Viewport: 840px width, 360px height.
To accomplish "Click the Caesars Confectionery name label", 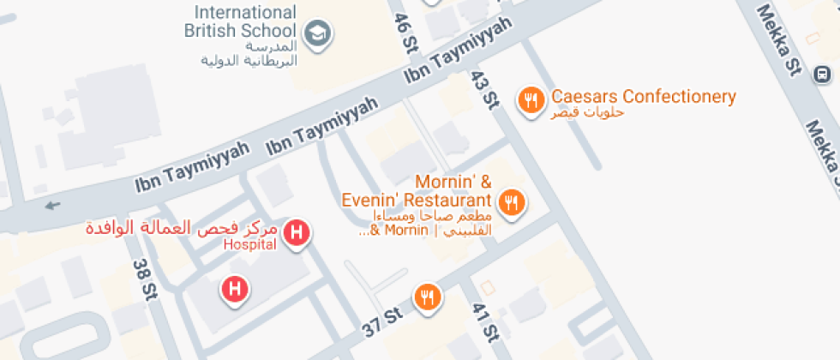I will (644, 96).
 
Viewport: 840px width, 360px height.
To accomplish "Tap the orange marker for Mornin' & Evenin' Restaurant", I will (513, 203).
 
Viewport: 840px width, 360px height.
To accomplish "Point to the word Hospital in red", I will (249, 245).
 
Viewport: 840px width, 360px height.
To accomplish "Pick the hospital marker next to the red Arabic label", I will (297, 232).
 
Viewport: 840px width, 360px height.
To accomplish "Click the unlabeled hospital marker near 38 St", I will (235, 290).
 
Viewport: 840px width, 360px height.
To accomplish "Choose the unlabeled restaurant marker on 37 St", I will (427, 297).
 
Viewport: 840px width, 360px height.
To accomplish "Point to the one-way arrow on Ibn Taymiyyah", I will (54, 205).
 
